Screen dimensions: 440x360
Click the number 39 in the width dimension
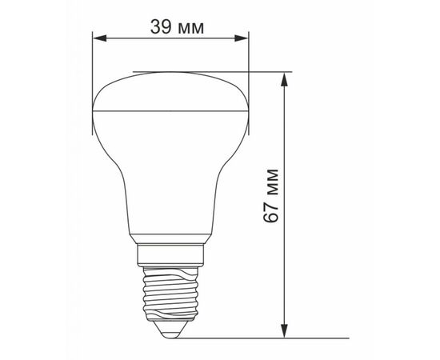[x=161, y=27]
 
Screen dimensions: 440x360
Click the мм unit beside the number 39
[x=191, y=29]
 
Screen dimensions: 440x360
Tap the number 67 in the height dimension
[x=271, y=212]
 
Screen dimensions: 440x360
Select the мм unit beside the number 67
[x=273, y=182]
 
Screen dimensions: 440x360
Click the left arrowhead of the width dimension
[x=99, y=38]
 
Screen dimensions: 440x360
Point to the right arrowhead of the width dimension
[x=242, y=38]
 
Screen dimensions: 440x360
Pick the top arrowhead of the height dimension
[x=285, y=79]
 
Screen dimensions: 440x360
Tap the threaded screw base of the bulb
[x=170, y=294]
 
